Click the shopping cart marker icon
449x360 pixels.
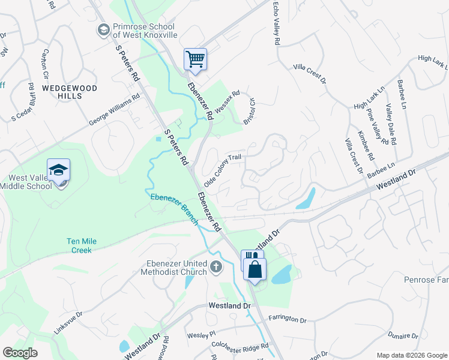pos(195,59)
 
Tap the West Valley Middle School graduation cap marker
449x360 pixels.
pos(58,170)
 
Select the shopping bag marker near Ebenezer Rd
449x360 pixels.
pos(255,269)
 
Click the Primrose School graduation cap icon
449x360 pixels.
pos(103,29)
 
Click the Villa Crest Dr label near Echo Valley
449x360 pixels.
pos(309,73)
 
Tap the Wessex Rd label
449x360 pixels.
pos(227,101)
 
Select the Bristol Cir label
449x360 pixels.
pos(249,112)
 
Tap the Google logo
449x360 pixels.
pos(20,353)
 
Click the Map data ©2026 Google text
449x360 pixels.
pos(411,355)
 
